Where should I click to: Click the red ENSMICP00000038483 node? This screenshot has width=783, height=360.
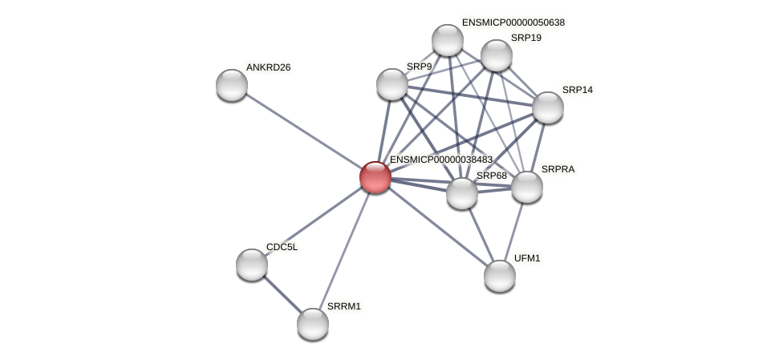[x=375, y=177]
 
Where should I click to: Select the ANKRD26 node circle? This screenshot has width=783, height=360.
[x=232, y=85]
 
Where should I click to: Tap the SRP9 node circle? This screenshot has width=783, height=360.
[x=392, y=84]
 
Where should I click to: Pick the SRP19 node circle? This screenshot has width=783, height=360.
[x=497, y=55]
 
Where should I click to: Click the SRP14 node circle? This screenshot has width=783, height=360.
[x=548, y=107]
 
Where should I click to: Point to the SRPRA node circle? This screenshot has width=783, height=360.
[x=527, y=187]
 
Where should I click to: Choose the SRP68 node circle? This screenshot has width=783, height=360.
[x=462, y=193]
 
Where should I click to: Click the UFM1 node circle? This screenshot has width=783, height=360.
[x=500, y=276]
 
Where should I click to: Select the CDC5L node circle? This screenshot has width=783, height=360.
[x=252, y=265]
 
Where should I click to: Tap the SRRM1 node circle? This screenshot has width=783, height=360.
[x=313, y=324]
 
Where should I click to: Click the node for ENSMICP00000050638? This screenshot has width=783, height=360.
[x=448, y=40]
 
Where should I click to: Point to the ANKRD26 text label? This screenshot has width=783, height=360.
[x=268, y=67]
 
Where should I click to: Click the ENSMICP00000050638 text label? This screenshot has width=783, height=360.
[x=513, y=22]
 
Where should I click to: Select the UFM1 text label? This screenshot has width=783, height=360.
[x=527, y=258]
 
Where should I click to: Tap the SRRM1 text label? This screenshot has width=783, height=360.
[x=344, y=306]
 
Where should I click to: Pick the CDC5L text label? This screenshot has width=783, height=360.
[x=282, y=247]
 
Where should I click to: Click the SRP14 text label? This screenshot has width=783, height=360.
[x=577, y=90]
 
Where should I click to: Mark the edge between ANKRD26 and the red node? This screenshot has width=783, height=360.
[x=303, y=131]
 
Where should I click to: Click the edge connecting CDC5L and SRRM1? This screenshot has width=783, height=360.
[x=282, y=294]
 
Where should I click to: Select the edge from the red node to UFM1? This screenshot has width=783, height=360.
[x=437, y=226]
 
